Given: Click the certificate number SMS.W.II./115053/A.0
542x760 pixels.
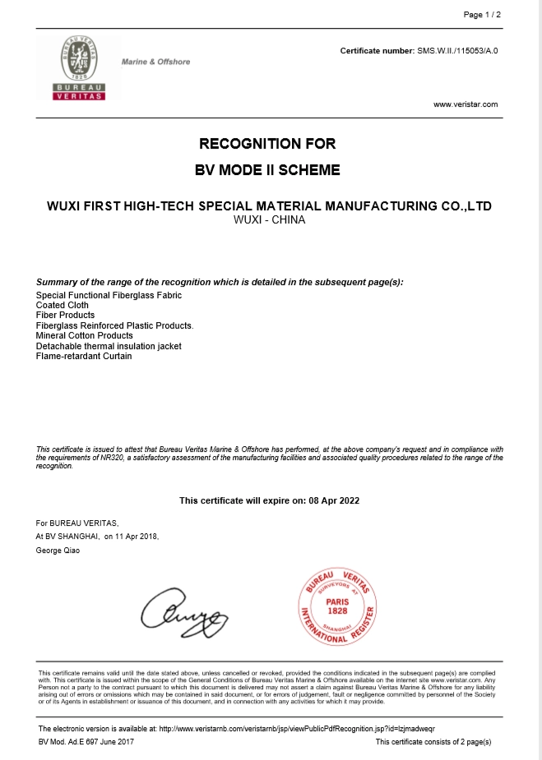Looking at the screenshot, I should point(457,51).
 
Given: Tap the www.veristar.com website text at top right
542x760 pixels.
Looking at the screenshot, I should point(466,104).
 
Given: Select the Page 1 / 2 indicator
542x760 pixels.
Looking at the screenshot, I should point(482,15).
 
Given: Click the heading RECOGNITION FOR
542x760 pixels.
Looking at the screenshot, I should point(267,144).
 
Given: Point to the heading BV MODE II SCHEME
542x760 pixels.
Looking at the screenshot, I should point(267,171).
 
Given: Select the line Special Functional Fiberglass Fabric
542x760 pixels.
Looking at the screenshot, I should point(109,295).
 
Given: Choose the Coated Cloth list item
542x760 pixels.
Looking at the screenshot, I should point(63,305).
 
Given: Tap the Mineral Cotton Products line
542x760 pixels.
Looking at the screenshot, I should point(85,335).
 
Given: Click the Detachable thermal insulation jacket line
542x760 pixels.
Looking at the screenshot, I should point(109,346).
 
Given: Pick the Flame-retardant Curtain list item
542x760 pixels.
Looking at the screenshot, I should point(84,357).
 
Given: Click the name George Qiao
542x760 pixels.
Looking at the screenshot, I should point(58,550).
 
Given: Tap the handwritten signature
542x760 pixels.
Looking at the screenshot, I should point(183,612).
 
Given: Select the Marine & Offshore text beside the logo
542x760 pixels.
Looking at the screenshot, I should point(155,62).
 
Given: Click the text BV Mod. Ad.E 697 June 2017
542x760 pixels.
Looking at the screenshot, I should point(86,742).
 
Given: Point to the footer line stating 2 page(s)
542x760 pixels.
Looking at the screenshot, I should point(433,742).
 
